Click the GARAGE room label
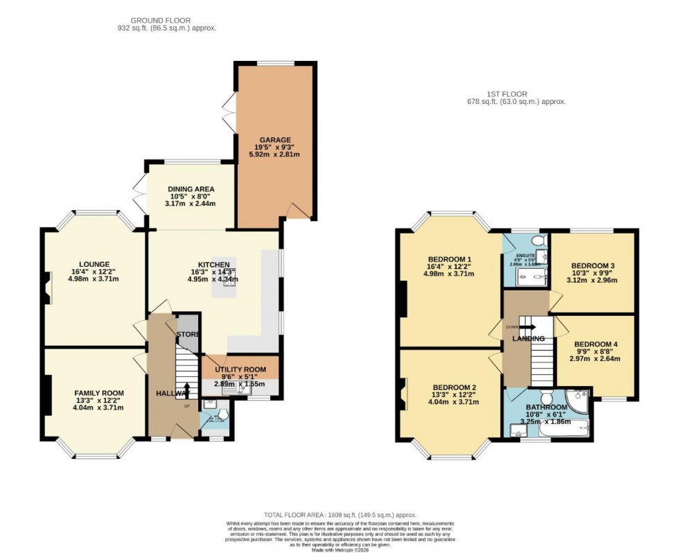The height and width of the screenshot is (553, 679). click(x=276, y=139)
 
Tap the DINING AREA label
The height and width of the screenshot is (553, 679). click(x=191, y=188)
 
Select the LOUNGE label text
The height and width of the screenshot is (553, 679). click(x=94, y=264)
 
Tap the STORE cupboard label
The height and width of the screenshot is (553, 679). click(x=188, y=335)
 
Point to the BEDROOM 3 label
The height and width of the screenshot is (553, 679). click(x=593, y=265)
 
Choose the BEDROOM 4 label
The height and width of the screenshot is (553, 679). click(x=596, y=344)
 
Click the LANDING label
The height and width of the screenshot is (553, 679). click(x=529, y=338)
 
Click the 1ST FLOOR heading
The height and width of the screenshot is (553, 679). click(x=516, y=94)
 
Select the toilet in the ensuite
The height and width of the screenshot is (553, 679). click(x=537, y=240)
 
